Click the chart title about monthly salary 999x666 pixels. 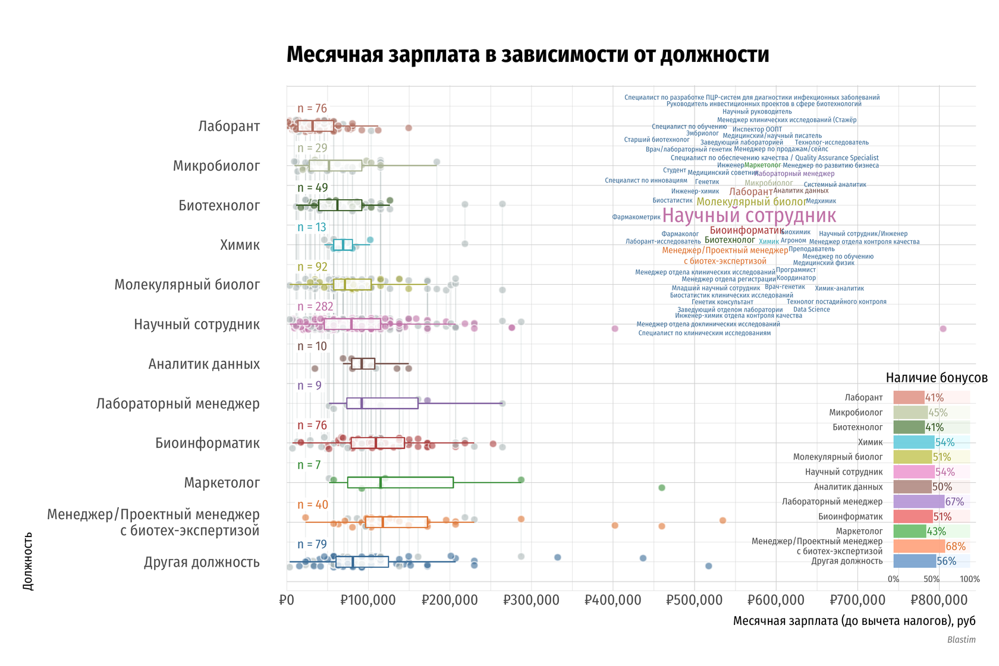pos(527,55)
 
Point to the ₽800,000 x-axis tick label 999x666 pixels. pos(939,599)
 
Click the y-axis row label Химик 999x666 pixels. pos(240,245)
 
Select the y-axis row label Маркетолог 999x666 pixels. pos(222,483)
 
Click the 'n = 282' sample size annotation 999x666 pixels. pos(315,307)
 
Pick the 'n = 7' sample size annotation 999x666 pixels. pos(309,465)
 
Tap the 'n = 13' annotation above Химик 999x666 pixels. pos(312,228)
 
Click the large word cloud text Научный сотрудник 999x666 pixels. pos(749,215)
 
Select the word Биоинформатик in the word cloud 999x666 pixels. pos(747,231)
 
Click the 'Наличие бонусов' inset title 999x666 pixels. pos(936,378)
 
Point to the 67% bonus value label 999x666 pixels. pos(954,502)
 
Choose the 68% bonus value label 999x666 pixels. pos(956,546)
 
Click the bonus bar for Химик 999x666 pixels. pos(913,442)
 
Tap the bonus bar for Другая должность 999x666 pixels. pos(915,561)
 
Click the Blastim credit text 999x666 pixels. pos(961,640)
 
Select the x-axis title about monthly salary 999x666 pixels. pos(854,621)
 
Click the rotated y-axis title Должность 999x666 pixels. pos(28,561)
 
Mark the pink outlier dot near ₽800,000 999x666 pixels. pos(943,329)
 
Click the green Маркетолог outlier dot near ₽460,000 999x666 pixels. pos(662,488)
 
